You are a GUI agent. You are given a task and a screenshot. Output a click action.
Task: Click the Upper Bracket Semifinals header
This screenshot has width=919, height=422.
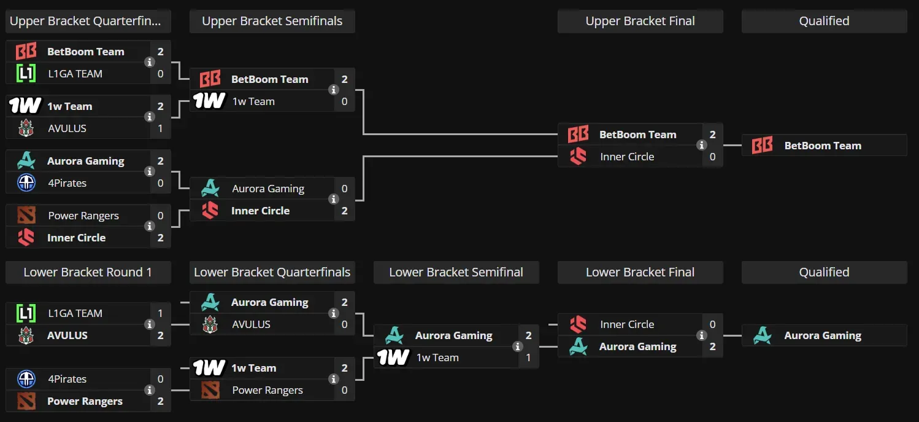(x=272, y=21)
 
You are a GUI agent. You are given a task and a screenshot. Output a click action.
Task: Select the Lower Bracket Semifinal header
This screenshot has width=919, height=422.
(x=456, y=272)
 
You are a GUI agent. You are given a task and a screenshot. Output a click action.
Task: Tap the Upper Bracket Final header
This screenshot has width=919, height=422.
(x=640, y=21)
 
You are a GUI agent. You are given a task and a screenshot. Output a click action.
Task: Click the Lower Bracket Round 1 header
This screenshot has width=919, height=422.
(x=88, y=272)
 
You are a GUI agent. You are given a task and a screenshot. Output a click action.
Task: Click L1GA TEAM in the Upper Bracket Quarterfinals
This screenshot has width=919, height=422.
(x=75, y=74)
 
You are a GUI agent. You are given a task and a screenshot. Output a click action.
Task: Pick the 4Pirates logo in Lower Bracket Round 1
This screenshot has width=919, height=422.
(x=26, y=379)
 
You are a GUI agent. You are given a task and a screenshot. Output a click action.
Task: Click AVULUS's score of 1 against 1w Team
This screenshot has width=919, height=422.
(x=160, y=128)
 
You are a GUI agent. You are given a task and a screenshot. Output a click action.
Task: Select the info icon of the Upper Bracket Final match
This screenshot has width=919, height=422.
(x=701, y=146)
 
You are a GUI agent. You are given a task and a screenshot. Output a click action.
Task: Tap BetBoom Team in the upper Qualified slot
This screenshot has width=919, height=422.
(x=823, y=146)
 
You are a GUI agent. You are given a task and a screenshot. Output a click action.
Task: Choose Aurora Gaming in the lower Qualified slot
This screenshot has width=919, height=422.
(x=823, y=335)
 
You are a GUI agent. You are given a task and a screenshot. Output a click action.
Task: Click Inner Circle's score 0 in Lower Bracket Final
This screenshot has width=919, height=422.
(x=712, y=324)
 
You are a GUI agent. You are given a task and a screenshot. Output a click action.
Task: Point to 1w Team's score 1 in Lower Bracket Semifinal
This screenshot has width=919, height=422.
(x=528, y=358)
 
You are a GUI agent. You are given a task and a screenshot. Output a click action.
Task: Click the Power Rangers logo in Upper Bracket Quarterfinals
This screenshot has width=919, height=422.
(x=26, y=216)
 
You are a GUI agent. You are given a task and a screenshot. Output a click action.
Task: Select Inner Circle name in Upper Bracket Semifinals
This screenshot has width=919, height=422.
(x=260, y=211)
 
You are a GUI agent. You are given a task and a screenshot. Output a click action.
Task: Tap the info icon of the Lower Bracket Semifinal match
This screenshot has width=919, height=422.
(x=517, y=346)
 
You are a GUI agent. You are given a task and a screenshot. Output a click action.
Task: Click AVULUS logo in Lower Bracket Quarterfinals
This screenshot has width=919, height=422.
(x=210, y=324)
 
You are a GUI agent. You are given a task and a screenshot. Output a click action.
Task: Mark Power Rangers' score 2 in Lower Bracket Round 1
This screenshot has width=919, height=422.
(x=160, y=401)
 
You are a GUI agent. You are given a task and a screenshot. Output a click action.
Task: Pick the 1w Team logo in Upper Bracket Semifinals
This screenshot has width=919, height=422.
(x=209, y=101)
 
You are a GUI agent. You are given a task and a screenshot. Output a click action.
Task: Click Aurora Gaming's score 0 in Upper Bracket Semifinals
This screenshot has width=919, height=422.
(x=344, y=189)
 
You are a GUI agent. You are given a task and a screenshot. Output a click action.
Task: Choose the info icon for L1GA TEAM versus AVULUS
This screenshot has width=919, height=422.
(x=149, y=324)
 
